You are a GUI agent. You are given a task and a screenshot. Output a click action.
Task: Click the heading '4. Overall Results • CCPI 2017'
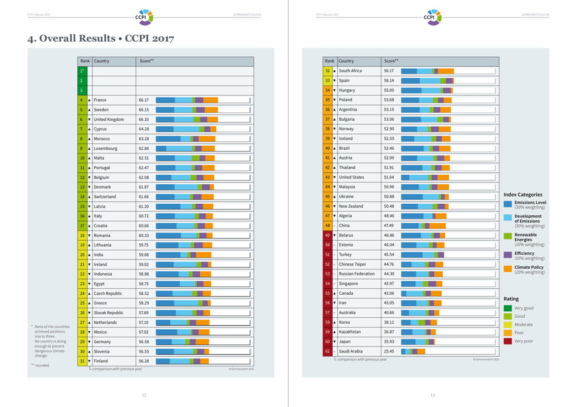101,39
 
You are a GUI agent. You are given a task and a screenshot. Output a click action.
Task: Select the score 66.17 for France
143,100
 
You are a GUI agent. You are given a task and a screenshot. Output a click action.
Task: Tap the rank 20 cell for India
81,255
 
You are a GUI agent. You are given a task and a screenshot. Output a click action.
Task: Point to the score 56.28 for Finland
143,361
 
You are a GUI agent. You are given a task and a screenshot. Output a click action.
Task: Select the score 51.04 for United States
389,177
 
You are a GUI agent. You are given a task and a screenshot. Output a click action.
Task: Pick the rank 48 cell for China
327,226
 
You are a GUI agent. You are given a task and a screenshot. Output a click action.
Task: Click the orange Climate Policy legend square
508,269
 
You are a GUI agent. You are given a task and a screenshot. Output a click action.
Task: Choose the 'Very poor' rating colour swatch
508,341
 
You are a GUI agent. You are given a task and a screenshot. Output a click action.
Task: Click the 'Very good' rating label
524,308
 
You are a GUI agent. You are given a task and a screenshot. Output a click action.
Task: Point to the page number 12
144,395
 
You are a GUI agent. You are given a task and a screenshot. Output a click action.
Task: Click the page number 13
432,395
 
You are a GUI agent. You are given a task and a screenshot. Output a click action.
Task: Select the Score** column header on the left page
146,61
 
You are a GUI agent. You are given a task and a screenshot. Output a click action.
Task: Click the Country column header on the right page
346,61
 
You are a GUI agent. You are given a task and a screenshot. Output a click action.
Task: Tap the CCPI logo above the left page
144,16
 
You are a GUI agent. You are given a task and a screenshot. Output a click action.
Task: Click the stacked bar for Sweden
186,110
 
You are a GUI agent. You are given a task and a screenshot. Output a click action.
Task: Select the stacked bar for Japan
417,341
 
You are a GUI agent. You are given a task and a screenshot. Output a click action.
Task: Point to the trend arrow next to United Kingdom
89,119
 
